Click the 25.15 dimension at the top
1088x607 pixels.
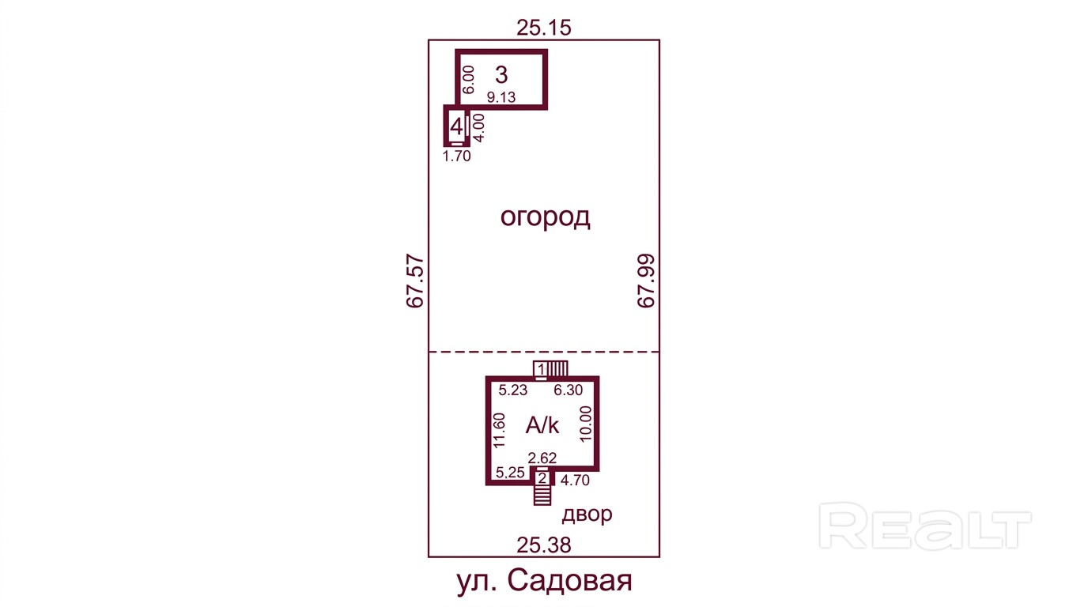543,28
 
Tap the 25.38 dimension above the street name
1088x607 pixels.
543,545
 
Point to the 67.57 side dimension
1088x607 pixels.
415,281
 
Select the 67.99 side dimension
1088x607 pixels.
647,281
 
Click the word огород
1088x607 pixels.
545,217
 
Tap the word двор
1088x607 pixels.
587,515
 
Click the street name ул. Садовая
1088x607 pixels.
544,581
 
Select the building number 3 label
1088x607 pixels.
501,75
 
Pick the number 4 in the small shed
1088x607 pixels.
456,126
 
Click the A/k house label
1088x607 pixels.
542,425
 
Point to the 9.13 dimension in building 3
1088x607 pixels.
501,97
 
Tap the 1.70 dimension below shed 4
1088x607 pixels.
456,156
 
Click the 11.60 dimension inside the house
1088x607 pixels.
499,430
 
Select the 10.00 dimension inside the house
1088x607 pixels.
586,424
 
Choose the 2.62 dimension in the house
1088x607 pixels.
542,458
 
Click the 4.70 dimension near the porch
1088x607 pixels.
575,481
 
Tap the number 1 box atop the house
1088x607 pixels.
541,370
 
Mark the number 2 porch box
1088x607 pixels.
542,478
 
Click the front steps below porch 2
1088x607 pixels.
542,496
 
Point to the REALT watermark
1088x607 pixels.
925,526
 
